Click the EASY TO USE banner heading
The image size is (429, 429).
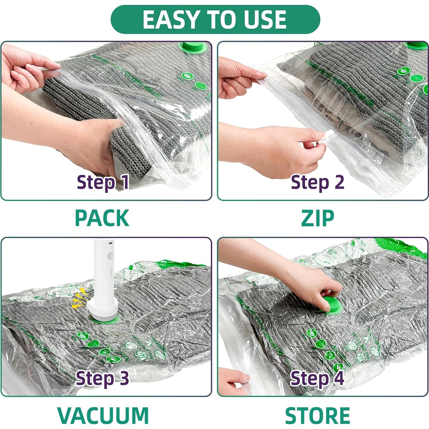[x=215, y=19]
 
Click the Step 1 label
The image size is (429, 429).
[x=103, y=182]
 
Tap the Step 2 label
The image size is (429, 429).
[x=317, y=182]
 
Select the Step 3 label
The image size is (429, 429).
[x=102, y=378]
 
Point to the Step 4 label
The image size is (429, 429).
[x=317, y=378]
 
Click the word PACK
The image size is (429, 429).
[x=102, y=218]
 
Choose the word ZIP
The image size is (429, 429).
[x=318, y=218]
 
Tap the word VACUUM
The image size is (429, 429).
[x=103, y=415]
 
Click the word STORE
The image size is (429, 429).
[x=318, y=415]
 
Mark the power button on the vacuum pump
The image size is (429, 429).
[x=110, y=256]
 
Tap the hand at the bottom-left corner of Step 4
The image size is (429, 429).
[x=234, y=380]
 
